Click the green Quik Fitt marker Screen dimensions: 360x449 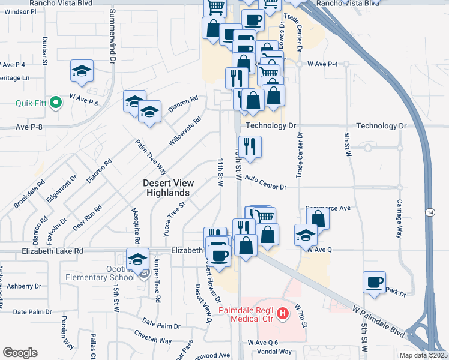click(56, 103)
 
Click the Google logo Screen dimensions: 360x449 click(20, 353)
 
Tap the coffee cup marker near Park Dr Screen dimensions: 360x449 click(375, 282)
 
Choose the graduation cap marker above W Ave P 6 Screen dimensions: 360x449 click(82, 70)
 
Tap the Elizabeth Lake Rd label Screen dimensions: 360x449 click(52, 251)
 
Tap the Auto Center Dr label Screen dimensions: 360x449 click(266, 183)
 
